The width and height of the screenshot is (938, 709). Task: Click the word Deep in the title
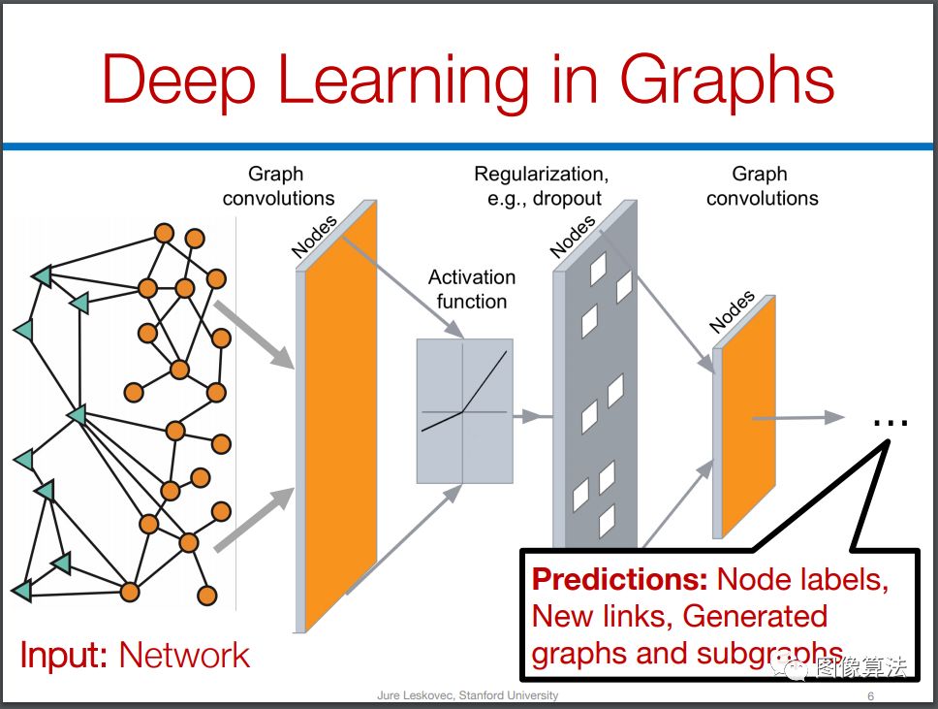coord(179,81)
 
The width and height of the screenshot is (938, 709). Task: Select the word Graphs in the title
coord(726,81)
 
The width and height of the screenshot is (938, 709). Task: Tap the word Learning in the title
coord(404,81)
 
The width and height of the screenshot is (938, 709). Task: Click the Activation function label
coord(471,289)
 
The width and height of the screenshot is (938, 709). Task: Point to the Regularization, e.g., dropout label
coord(542,185)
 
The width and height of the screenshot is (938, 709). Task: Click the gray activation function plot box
coord(464,411)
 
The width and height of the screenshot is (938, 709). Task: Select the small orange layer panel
coord(748,417)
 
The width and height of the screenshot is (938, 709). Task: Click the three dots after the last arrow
coord(891,423)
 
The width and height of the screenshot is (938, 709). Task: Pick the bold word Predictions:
coord(620,579)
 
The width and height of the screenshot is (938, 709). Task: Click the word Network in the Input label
coord(184,655)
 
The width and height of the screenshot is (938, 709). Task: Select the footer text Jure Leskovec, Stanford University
coord(467,695)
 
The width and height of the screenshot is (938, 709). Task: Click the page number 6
coord(870,695)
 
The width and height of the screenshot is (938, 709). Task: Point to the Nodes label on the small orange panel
coord(731,311)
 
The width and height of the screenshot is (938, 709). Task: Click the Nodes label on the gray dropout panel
coord(573,237)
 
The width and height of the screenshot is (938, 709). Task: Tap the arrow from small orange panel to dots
coord(798,418)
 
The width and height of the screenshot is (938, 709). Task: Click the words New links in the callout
coord(601,616)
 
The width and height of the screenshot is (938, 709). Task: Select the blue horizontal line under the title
coord(468,146)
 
